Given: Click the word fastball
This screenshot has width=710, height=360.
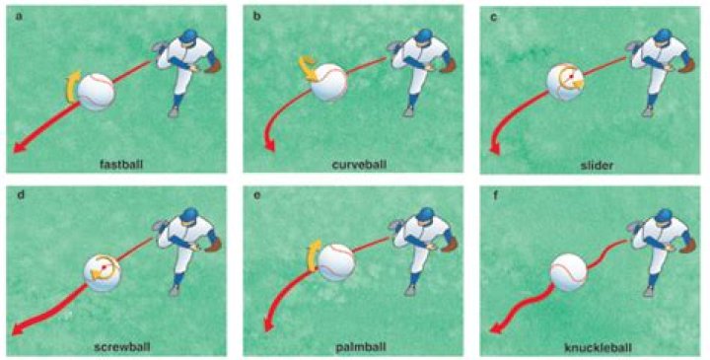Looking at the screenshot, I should click(x=120, y=163).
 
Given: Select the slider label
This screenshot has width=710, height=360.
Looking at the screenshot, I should click(x=593, y=163).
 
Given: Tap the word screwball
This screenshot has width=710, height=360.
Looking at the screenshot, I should click(x=119, y=347).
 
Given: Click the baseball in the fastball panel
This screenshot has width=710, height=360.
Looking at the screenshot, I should click(x=96, y=91).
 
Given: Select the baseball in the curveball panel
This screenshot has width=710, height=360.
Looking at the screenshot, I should click(x=329, y=84).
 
